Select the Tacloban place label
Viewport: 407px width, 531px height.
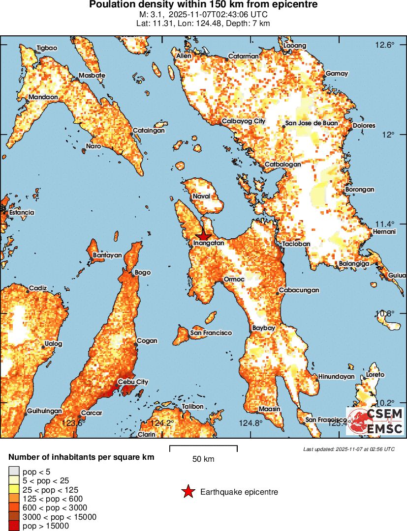tap(296, 244)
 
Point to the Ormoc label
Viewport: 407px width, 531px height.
tap(234, 279)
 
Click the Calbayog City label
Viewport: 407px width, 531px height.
tap(243, 121)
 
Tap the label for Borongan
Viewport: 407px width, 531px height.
tap(360, 189)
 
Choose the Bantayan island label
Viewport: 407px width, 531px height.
tap(107, 255)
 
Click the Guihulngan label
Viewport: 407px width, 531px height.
tap(44, 411)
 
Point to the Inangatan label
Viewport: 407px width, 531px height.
tap(209, 243)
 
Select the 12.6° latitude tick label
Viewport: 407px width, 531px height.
tap(385, 45)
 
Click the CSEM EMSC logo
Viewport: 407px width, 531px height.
tap(376, 421)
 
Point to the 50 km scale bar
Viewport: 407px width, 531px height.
tap(203, 448)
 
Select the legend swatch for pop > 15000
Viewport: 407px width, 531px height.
tap(14, 526)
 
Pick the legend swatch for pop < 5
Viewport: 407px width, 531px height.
tap(14, 472)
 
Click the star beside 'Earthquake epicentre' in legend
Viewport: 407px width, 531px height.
tap(188, 492)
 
